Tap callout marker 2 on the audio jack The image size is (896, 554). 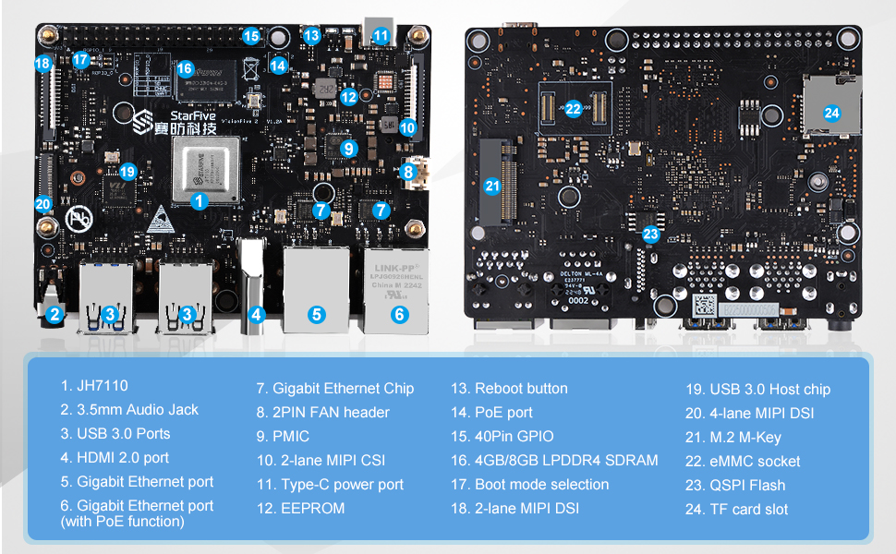tap(54, 314)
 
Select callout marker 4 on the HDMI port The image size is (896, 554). tap(257, 314)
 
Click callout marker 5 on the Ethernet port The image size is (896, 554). tap(317, 314)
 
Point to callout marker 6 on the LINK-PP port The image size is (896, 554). tap(399, 314)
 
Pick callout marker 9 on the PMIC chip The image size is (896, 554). tap(347, 148)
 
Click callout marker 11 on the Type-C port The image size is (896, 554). tap(381, 36)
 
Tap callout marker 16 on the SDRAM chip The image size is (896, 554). tap(184, 69)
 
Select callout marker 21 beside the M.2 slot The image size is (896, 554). tap(492, 186)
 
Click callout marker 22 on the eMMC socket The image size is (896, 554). tap(573, 108)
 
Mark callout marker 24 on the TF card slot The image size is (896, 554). tap(832, 114)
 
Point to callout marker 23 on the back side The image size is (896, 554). tap(651, 234)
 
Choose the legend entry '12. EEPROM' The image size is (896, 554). tap(300, 508)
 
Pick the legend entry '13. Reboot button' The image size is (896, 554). tap(509, 388)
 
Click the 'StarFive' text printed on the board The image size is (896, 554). tap(188, 115)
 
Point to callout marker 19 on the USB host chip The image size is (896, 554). tap(127, 171)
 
